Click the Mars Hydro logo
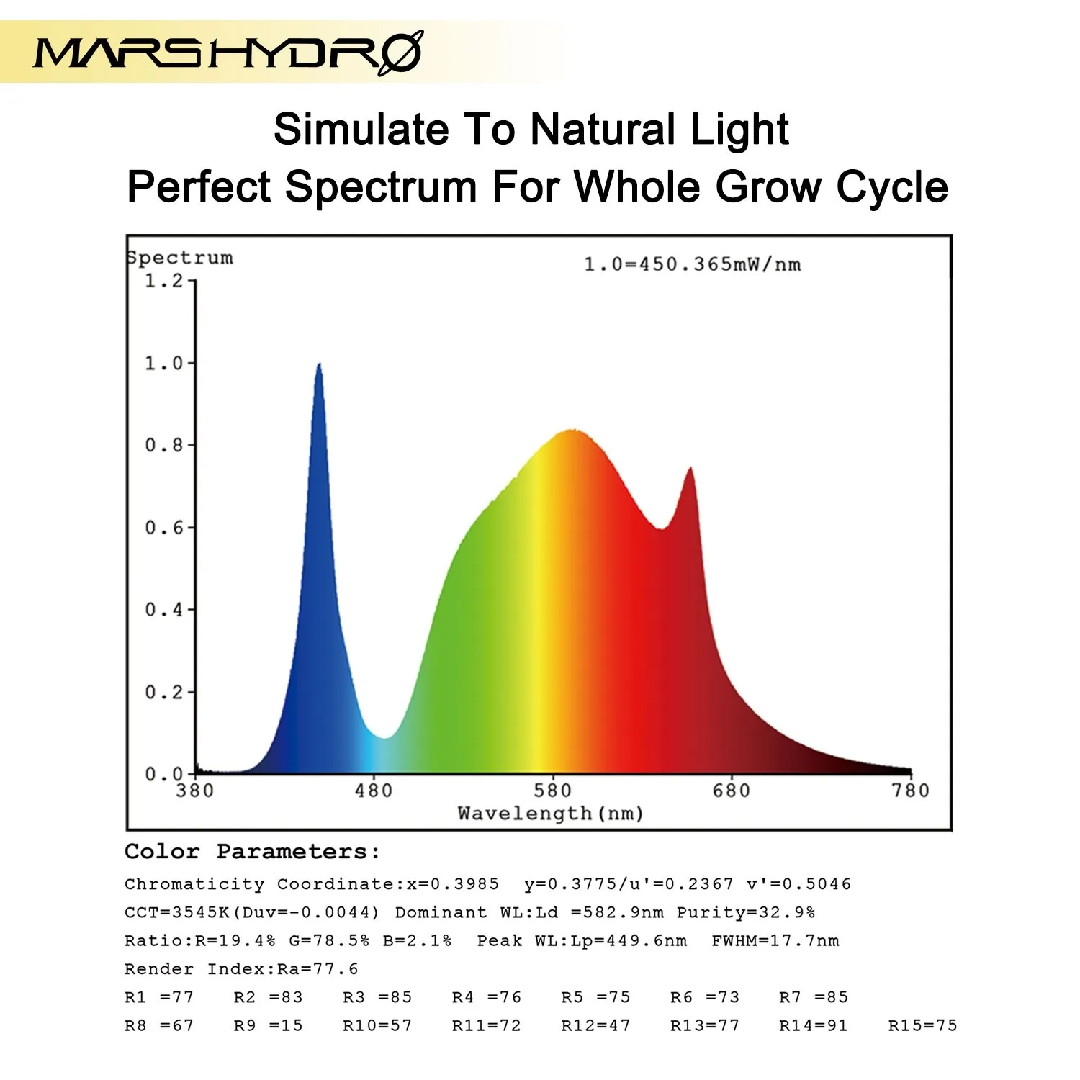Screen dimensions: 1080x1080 228,52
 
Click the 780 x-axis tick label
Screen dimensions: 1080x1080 911,791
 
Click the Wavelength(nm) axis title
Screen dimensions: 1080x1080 551,814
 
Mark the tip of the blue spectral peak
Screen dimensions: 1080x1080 319,365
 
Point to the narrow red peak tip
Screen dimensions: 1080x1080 691,469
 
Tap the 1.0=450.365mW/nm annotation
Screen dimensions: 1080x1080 692,264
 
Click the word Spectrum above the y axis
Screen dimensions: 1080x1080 180,258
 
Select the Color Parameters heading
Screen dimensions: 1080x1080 252,852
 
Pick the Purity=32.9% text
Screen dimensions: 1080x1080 745,912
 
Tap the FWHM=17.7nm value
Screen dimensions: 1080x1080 775,940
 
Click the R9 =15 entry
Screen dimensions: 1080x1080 268,1025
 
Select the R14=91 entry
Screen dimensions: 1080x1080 814,1025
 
